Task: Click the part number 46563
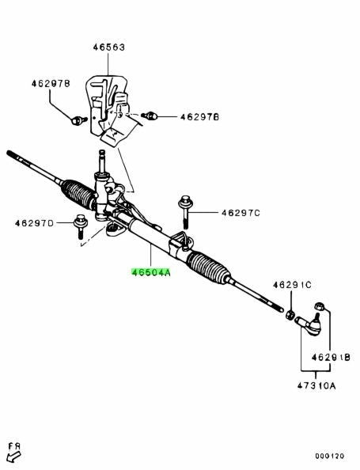click(108, 47)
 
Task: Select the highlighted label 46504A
click(151, 272)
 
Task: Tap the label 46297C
click(241, 213)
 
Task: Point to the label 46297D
click(34, 223)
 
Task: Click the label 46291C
click(292, 285)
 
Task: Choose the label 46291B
click(331, 357)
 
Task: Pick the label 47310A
click(316, 385)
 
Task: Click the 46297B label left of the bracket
click(51, 83)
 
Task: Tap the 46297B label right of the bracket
click(199, 116)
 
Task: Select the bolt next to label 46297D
click(81, 226)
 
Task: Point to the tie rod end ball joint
click(309, 324)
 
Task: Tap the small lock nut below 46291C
click(290, 315)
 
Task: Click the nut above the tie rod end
click(318, 306)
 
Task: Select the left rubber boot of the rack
click(78, 194)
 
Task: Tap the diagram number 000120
click(329, 457)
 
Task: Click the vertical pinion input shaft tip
click(102, 152)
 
